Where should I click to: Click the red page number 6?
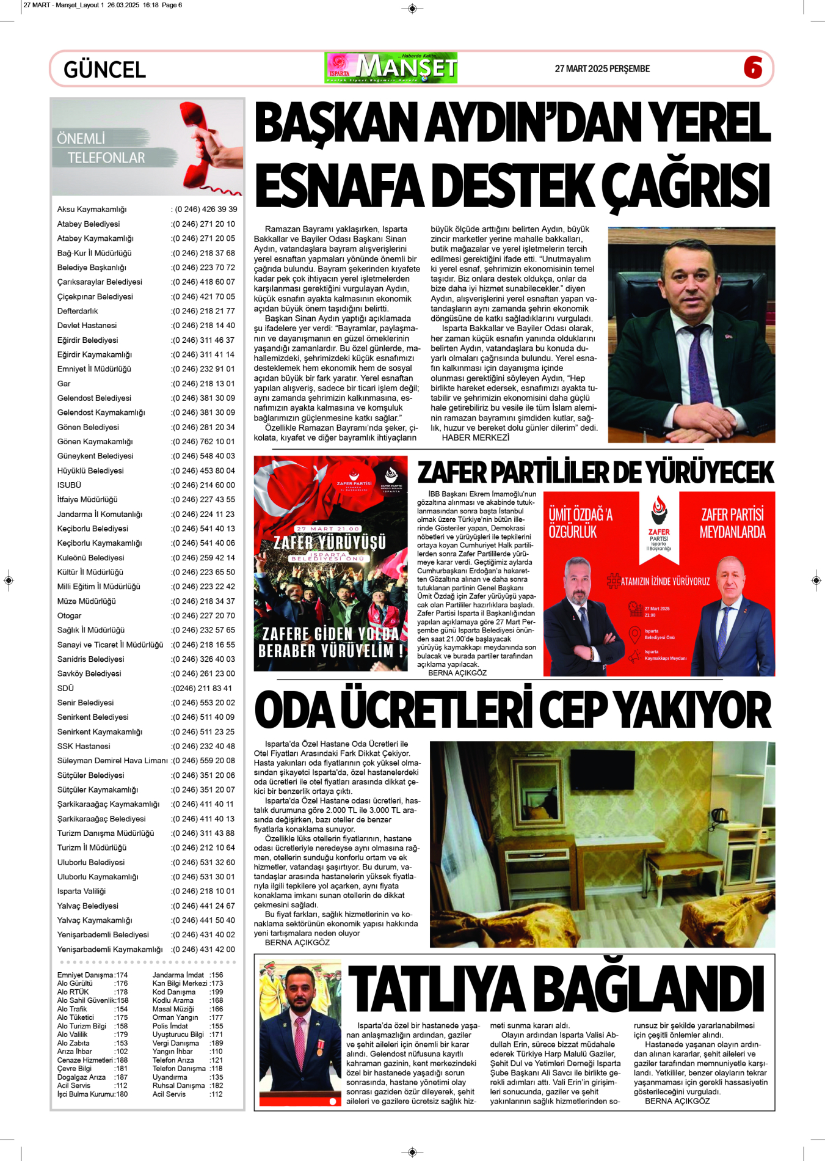[753, 67]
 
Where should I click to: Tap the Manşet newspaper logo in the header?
[391, 68]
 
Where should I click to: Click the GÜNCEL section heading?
[104, 70]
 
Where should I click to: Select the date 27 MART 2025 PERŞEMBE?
[601, 69]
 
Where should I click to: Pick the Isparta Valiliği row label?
[81, 892]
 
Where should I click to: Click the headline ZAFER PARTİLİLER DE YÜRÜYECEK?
[595, 472]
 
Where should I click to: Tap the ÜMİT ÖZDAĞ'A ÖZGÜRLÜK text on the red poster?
[580, 523]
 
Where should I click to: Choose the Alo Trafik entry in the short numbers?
[72, 1009]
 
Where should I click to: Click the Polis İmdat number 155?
[216, 1027]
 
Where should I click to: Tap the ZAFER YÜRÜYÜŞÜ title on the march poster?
[330, 542]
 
